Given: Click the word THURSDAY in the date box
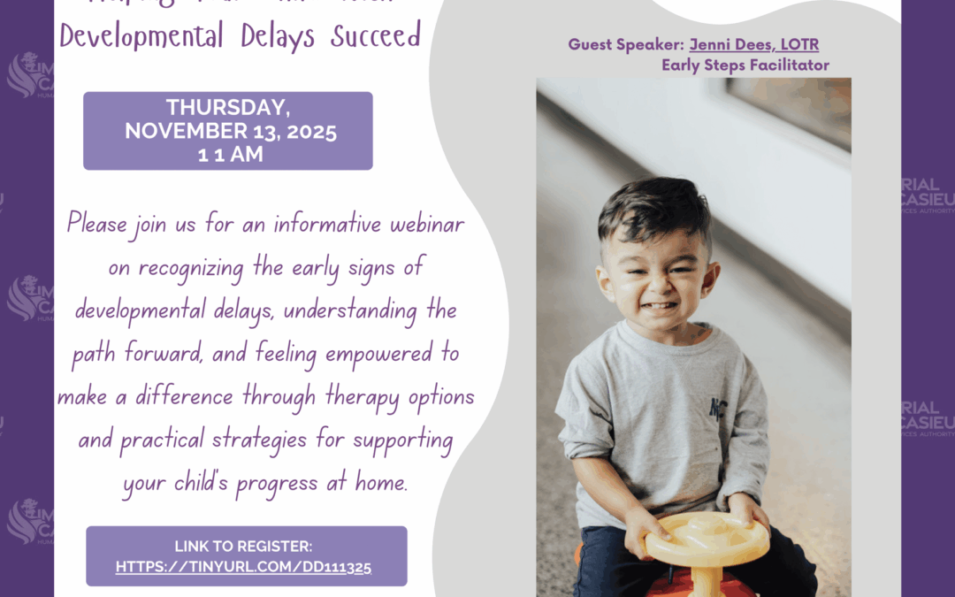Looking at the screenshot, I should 227,108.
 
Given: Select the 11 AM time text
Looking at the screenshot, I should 227,155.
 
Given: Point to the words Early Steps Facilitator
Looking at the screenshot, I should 745,65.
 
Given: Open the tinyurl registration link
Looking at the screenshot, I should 243,567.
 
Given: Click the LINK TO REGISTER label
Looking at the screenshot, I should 243,547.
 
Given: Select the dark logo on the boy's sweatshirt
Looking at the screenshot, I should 717,408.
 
